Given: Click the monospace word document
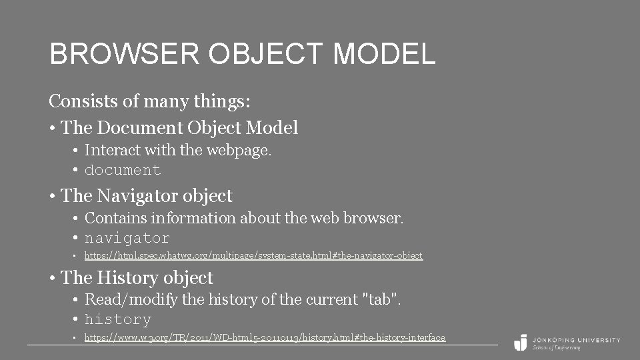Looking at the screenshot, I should (123, 170).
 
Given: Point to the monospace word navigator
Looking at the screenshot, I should (127, 238).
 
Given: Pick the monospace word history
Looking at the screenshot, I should (118, 319).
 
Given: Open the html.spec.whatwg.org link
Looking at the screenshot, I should (253, 255).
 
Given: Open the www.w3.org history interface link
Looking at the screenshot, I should (265, 337).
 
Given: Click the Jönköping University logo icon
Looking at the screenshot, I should (520, 342).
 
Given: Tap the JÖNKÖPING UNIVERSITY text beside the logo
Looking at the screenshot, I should (576, 339).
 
